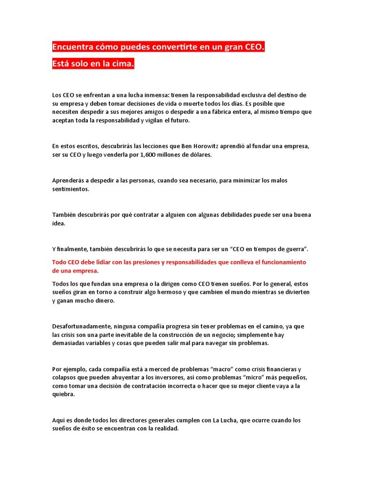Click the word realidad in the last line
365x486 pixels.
click(x=165, y=429)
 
